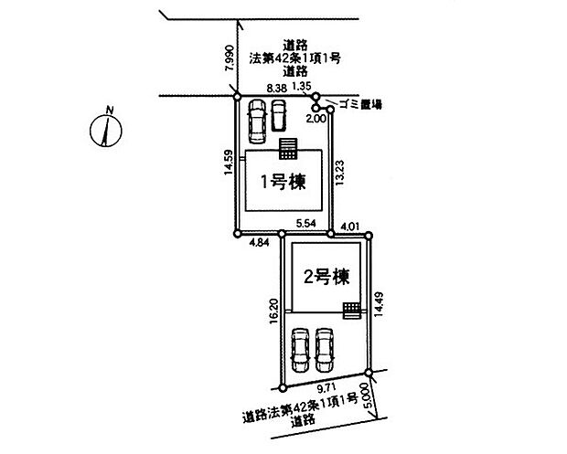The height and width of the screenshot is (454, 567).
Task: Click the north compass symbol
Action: (106, 130)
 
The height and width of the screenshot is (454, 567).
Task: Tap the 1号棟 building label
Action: (283, 182)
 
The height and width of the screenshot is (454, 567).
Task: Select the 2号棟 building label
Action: (326, 278)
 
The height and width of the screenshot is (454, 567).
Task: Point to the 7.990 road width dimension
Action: (230, 58)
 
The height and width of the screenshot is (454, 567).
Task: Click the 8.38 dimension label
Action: (277, 88)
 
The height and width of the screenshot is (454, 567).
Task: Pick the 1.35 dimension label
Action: (301, 86)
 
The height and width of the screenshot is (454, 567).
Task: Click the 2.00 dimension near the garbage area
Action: (316, 119)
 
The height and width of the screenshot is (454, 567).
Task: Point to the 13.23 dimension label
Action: (338, 174)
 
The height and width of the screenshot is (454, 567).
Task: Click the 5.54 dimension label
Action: (306, 224)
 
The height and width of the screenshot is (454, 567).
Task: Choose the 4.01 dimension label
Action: (350, 227)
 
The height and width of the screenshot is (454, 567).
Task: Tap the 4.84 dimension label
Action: (259, 243)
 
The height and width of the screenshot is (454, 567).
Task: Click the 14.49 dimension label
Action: (379, 304)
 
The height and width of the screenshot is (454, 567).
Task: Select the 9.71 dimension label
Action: (326, 388)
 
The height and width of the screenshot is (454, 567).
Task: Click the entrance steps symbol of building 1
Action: (288, 149)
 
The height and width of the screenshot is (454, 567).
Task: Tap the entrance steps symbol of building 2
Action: (351, 311)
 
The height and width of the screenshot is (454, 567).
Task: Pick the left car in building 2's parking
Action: (301, 350)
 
